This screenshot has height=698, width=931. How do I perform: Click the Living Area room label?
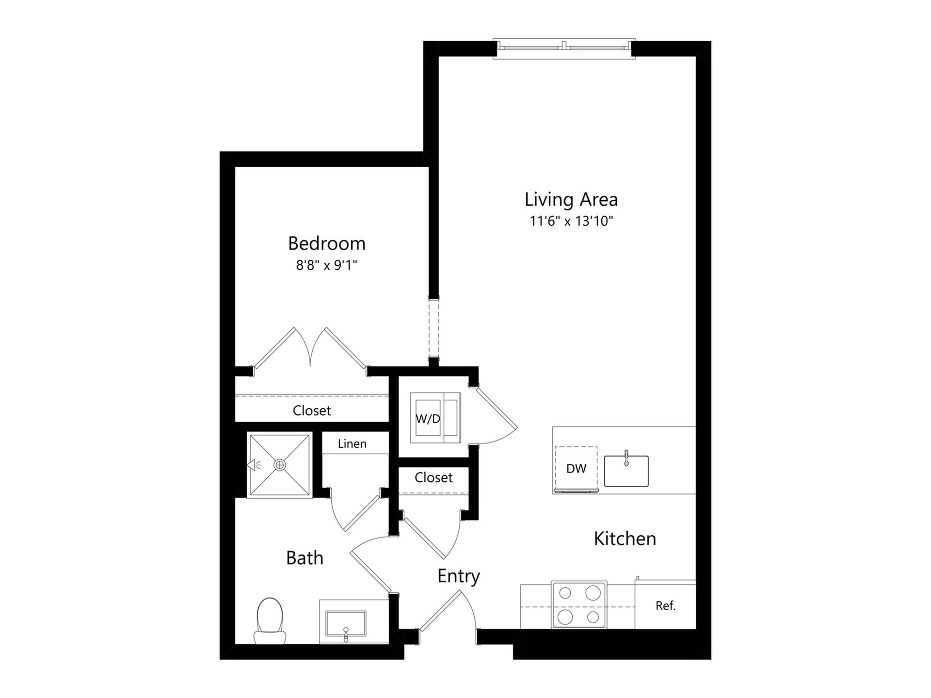click(x=571, y=199)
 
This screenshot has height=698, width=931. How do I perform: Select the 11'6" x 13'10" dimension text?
click(x=571, y=222)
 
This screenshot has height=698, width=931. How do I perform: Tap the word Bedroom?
click(x=326, y=243)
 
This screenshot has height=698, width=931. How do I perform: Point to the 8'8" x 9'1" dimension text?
click(x=326, y=266)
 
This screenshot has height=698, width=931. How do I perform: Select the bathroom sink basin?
click(x=345, y=623)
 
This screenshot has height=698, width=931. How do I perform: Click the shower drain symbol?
click(x=280, y=465)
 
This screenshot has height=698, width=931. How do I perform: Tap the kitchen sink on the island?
click(x=626, y=471)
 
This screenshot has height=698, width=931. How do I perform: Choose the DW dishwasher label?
click(x=576, y=469)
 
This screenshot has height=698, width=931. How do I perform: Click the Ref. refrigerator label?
click(x=665, y=606)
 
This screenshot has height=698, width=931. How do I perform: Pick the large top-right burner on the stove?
click(x=593, y=593)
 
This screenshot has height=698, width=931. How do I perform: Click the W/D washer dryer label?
click(x=428, y=419)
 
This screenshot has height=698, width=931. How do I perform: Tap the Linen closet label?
click(x=352, y=444)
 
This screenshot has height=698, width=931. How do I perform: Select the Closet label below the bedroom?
click(x=312, y=411)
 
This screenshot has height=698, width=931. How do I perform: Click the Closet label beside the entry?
click(x=433, y=478)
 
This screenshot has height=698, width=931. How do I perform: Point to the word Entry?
click(x=458, y=576)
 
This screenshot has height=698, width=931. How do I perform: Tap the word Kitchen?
click(x=625, y=539)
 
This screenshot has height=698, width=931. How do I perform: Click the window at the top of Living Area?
click(x=564, y=48)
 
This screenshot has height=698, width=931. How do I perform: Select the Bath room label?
click(x=305, y=558)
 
